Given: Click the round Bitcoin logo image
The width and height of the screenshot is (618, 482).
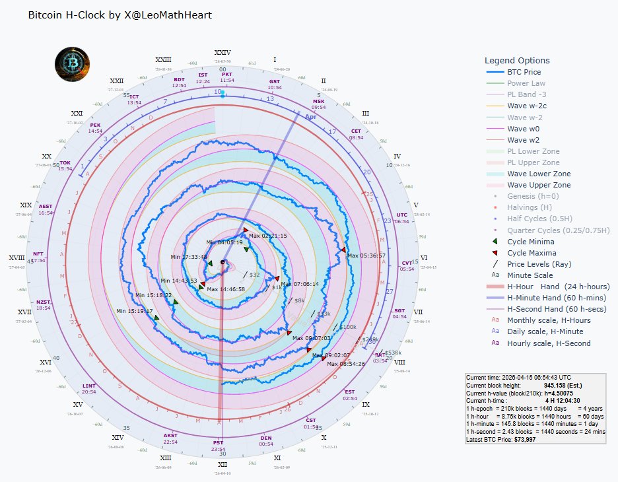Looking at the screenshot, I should click(x=72, y=63).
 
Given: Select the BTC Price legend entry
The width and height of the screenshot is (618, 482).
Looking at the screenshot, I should click(x=524, y=72).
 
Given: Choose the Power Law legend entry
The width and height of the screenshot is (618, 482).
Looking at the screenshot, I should click(x=526, y=84).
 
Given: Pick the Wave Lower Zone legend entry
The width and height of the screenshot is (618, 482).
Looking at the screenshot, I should click(x=539, y=174).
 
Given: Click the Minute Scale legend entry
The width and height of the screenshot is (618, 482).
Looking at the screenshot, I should click(x=530, y=275).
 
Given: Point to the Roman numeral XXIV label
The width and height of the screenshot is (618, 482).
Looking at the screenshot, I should click(x=223, y=52).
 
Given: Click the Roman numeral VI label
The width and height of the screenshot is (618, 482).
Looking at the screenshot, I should click(x=423, y=258).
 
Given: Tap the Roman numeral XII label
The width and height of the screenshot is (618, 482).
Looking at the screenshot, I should click(x=222, y=464).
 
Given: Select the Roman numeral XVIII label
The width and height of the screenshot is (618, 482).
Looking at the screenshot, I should click(x=17, y=258).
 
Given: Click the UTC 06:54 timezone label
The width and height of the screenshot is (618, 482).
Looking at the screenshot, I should click(x=401, y=218).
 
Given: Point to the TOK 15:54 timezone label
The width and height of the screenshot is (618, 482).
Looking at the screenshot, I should click(x=65, y=165).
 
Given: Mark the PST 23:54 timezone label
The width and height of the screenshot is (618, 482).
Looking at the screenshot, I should click(x=218, y=446).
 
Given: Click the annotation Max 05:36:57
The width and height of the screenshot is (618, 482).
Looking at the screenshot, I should click(x=366, y=256).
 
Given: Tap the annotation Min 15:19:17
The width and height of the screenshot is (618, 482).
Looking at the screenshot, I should click(x=135, y=311).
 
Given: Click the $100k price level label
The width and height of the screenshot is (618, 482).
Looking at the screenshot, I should click(x=347, y=327).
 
